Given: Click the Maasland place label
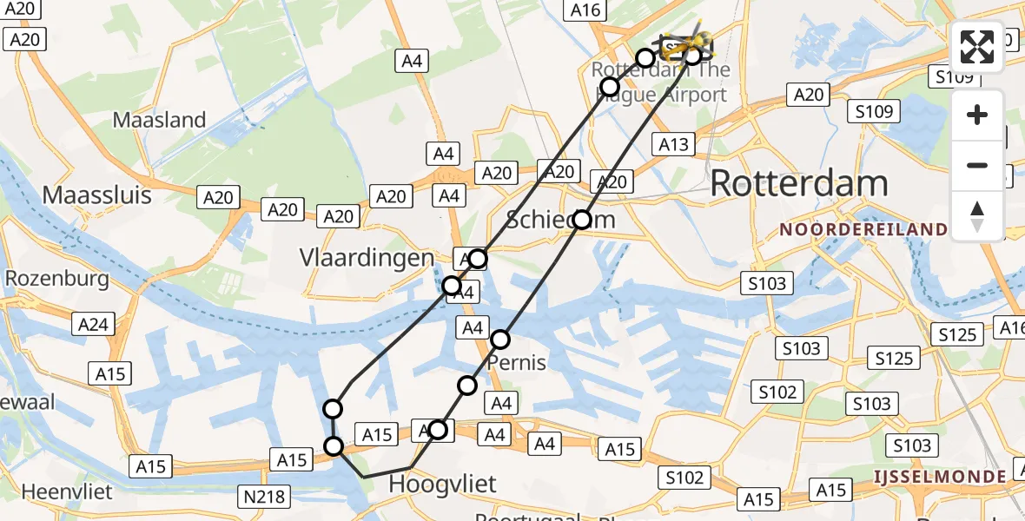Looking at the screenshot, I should pos(160,120).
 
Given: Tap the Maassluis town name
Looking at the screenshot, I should pos(96,195).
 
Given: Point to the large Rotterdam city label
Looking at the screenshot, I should pos(799,184).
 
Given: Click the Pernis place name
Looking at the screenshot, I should pos(517,361).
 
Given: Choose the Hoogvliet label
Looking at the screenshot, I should pos(442,483).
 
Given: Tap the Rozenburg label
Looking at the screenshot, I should pos(56,279).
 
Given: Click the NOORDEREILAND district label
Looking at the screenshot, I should pos(863,230).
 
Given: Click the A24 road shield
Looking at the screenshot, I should pos(93,324).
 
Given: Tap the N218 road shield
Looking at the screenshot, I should pos(264,497).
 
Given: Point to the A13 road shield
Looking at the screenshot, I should pos(674,145).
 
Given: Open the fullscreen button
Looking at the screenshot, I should pos(977,47).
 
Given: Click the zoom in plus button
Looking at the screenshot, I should pos(977,115).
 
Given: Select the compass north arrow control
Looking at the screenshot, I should pos(977,216).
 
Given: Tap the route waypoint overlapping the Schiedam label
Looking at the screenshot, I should pos(582,220).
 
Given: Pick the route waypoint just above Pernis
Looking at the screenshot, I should pos(500,339).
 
